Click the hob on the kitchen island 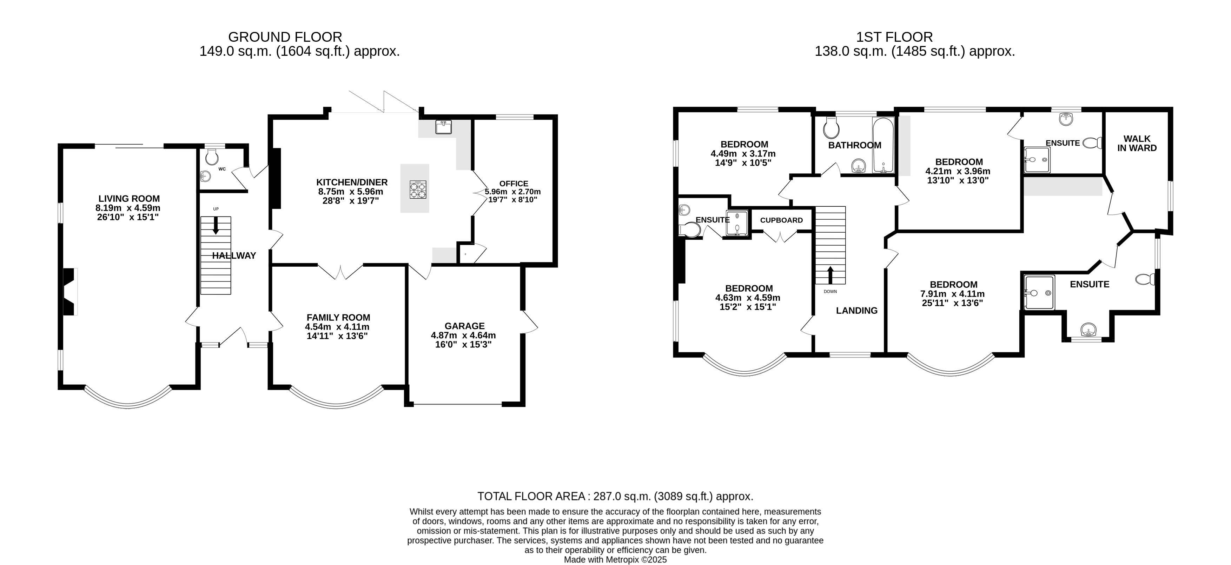[418, 189]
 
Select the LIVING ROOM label [129, 199]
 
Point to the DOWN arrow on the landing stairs [830, 275]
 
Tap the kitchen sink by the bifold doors [443, 127]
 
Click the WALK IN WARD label [1137, 143]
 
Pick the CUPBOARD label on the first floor [781, 220]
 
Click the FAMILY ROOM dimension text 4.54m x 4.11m [337, 327]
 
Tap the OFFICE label [514, 184]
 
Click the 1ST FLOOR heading [894, 37]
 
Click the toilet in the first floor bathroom [832, 127]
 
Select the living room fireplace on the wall [70, 291]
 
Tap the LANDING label [857, 311]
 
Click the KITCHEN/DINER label [352, 182]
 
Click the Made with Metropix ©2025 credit [615, 559]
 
